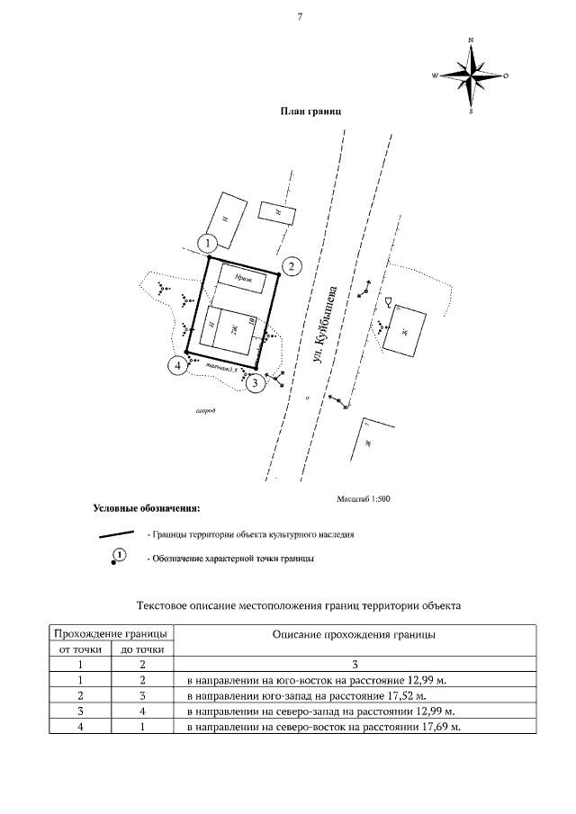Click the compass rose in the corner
[471, 76]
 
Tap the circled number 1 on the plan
[208, 243]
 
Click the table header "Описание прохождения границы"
[355, 634]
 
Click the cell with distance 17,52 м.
[305, 695]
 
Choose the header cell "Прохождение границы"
[111, 633]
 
